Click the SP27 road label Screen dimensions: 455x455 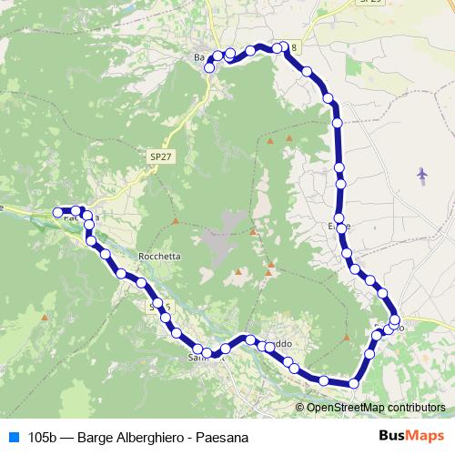point(159,157)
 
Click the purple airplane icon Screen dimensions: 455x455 point(421,173)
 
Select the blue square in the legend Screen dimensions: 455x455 point(13,437)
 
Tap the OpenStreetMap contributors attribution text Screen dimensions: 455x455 point(376,407)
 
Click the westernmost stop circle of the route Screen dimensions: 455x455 point(58,212)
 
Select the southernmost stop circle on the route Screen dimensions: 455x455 point(354,383)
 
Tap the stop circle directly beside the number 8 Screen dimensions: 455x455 point(284,47)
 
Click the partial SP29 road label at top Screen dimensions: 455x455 point(346,3)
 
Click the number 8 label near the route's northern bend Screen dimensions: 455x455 point(293,47)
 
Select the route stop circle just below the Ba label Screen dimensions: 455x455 point(210,67)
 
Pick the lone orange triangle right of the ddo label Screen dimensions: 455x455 point(347,337)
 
